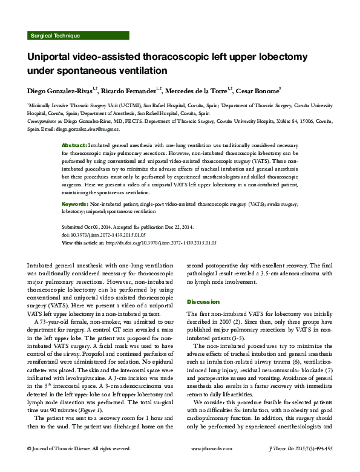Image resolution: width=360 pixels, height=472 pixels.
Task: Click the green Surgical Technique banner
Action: click(x=54, y=36)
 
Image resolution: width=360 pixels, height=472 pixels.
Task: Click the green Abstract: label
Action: click(x=74, y=146)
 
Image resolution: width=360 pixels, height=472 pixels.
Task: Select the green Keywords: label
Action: click(x=77, y=205)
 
